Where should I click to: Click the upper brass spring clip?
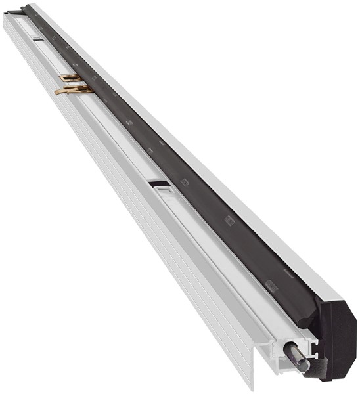pyautogui.click(x=70, y=78)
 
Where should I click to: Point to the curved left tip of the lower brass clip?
pyautogui.click(x=57, y=91)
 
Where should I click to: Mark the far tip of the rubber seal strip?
pyautogui.click(x=26, y=8)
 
